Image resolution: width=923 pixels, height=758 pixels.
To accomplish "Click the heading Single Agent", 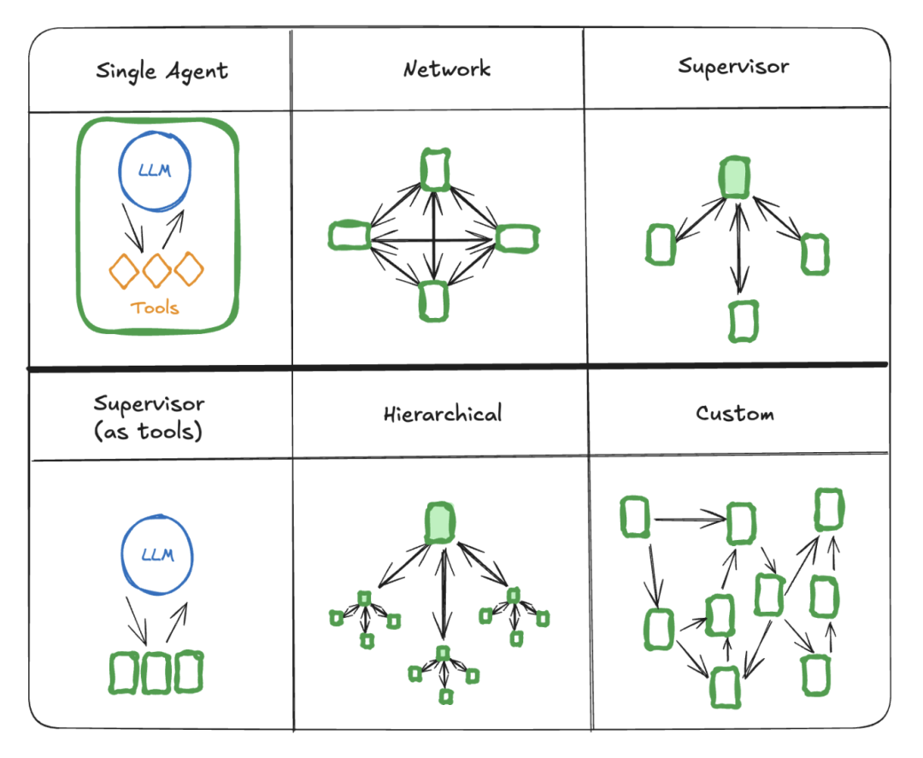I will (x=162, y=70).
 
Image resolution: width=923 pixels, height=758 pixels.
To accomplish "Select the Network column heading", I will (x=446, y=69).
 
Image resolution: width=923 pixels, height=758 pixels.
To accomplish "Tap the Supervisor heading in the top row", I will (x=733, y=67).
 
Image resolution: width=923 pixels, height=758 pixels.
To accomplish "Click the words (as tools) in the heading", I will (x=150, y=431).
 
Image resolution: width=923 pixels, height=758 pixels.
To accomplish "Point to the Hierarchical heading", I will (x=442, y=415).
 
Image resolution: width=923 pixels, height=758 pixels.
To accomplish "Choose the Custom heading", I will (x=734, y=414).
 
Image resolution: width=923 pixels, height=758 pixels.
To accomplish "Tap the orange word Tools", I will (x=155, y=308).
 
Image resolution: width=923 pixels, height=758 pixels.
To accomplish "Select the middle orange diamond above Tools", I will (x=156, y=271).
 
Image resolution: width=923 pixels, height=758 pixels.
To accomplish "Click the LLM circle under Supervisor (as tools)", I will (x=156, y=555).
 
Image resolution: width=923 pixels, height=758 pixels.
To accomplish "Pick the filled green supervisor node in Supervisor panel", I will (x=733, y=178).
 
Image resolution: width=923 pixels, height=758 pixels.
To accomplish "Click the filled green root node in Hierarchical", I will (x=440, y=522).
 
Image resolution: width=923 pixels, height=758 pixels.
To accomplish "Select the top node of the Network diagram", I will (x=435, y=169).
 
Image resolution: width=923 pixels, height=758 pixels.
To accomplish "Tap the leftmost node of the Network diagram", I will (x=349, y=236).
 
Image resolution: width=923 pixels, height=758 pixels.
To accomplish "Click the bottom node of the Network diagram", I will (x=434, y=300).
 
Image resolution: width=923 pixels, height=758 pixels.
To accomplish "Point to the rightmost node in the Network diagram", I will (x=517, y=238).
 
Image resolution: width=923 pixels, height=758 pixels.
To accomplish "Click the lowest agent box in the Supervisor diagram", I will (x=743, y=321).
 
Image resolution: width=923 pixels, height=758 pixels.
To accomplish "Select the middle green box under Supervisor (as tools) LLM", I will (x=156, y=673).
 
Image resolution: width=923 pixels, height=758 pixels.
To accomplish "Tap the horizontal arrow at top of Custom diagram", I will (x=688, y=518).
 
